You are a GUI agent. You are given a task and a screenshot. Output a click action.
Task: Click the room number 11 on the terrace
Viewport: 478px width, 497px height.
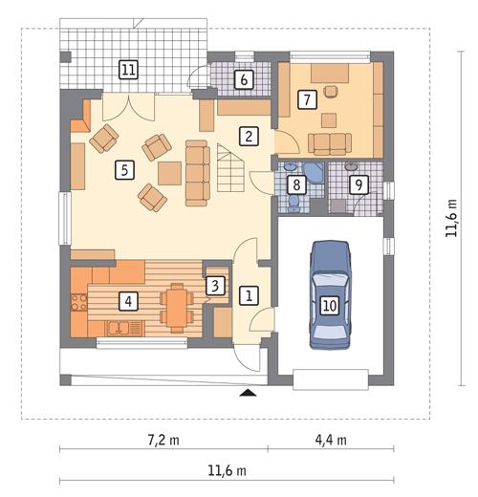(128, 68)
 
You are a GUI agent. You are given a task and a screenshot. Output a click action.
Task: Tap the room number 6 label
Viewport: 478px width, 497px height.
(244, 79)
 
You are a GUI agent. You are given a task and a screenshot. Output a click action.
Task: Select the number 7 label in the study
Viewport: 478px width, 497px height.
(307, 98)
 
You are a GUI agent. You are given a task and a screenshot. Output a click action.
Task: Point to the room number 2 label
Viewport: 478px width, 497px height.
(248, 136)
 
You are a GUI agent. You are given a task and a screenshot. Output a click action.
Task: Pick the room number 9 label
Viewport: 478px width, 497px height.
(358, 184)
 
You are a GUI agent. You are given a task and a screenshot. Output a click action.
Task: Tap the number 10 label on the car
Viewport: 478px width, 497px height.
(329, 306)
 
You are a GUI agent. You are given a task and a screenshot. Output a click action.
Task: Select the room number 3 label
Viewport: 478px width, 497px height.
(216, 285)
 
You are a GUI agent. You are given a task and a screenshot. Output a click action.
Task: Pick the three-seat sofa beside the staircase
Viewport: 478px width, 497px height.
(197, 172)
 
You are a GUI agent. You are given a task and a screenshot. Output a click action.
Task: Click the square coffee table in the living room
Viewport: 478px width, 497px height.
(169, 173)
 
